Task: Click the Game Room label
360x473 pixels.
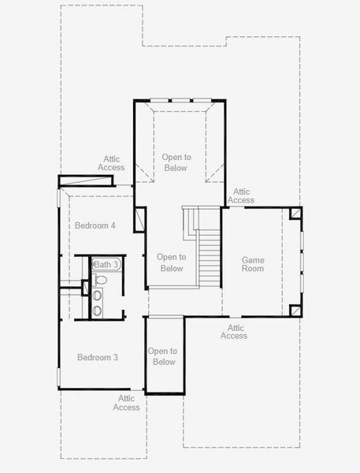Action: [x=253, y=264]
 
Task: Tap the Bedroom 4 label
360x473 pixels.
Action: [x=95, y=225]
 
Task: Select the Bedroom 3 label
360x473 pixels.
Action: [x=98, y=357]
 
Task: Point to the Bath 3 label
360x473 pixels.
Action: [x=106, y=264]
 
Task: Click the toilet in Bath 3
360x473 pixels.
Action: [x=100, y=279]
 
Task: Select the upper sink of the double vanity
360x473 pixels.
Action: [x=98, y=296]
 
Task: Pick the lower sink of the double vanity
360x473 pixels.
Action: [x=98, y=310]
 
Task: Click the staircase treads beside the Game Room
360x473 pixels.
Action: [x=209, y=256]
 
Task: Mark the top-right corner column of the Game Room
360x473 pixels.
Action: [x=295, y=213]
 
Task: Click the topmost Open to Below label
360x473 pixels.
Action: [x=176, y=162]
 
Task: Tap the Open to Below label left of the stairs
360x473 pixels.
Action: [x=170, y=263]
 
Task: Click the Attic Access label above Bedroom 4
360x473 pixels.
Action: [x=111, y=163]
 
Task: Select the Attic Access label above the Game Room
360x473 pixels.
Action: [x=241, y=196]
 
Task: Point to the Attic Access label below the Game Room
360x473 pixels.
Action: [x=234, y=332]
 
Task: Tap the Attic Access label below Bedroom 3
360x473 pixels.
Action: [x=126, y=403]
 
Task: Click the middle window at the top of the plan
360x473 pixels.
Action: [x=180, y=99]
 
